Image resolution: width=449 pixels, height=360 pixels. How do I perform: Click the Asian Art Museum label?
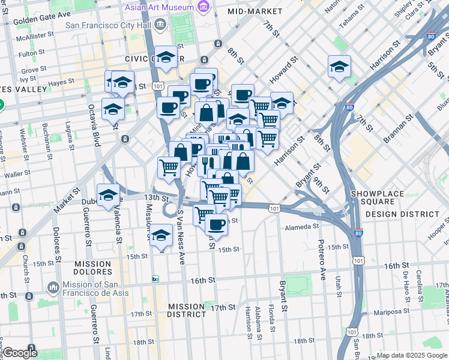pos(159,8)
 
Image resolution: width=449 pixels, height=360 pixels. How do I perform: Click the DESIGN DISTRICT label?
pos(402,214)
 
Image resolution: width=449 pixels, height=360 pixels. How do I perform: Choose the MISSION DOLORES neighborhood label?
pos(92,268)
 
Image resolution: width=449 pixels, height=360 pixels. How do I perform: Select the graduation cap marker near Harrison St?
pos(339,67)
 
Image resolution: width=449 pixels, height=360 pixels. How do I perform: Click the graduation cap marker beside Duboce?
pos(108,194)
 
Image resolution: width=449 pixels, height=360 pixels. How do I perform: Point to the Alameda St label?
pos(302,226)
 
